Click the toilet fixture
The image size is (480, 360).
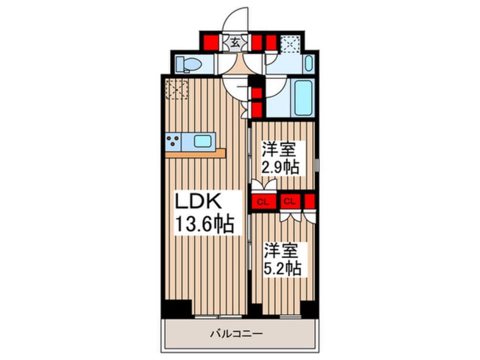click(x=185, y=64)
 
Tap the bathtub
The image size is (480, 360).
click(x=304, y=97)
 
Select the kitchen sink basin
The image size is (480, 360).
click(x=203, y=140)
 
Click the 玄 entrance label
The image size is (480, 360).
click(x=235, y=41)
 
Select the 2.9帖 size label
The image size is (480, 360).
click(x=280, y=168)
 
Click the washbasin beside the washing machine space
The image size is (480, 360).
click(x=309, y=63)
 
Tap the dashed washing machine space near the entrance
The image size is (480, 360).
click(x=290, y=44)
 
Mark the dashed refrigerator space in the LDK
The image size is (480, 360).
click(x=176, y=89)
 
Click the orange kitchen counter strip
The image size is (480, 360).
click(x=195, y=153)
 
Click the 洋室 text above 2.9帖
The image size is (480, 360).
click(x=278, y=151)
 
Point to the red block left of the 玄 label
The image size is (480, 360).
click(x=211, y=41)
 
